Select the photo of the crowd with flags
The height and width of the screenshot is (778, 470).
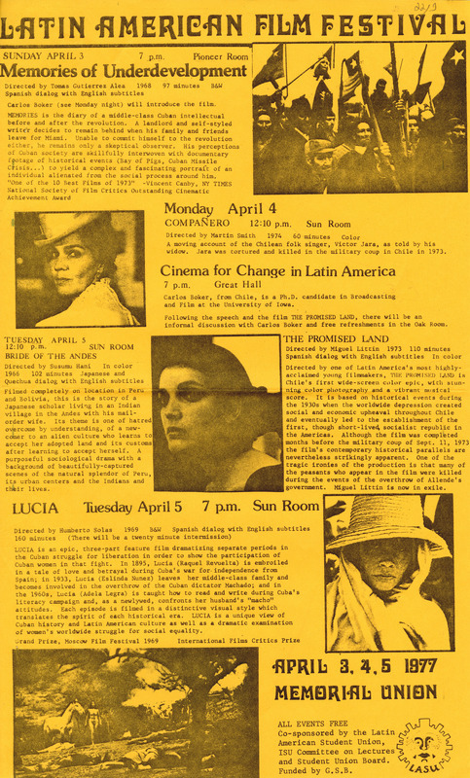pos(360,117)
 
